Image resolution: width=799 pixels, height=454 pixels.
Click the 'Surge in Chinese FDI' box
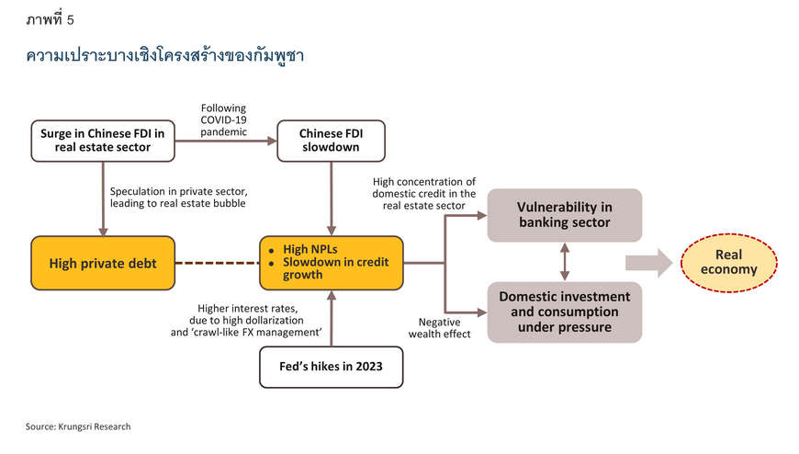point(103,141)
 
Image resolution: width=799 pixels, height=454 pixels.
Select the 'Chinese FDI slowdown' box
point(331,141)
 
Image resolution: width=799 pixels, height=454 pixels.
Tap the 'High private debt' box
point(103,263)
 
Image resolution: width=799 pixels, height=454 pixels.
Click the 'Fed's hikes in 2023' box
point(332,368)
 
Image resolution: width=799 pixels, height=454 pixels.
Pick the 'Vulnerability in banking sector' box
point(565,215)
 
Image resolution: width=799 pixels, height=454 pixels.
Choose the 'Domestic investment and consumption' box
point(565,312)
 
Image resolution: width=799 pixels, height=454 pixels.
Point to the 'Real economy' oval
point(728,263)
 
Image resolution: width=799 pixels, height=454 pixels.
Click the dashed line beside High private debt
point(217,263)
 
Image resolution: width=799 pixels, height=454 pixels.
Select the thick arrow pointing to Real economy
point(649,263)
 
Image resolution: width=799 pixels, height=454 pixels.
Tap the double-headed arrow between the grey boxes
point(565,262)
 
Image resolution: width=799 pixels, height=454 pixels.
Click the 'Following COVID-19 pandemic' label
point(223,119)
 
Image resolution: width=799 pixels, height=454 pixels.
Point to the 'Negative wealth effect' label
point(439,328)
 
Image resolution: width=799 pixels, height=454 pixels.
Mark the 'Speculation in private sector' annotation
point(178,198)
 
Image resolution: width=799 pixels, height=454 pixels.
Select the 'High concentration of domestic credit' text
point(424,194)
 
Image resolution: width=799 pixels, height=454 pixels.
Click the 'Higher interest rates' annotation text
point(246,321)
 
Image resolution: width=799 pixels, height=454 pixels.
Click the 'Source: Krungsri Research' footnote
point(78,426)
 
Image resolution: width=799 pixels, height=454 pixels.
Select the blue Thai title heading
point(165,55)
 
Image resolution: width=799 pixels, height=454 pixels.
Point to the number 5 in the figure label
point(71,20)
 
